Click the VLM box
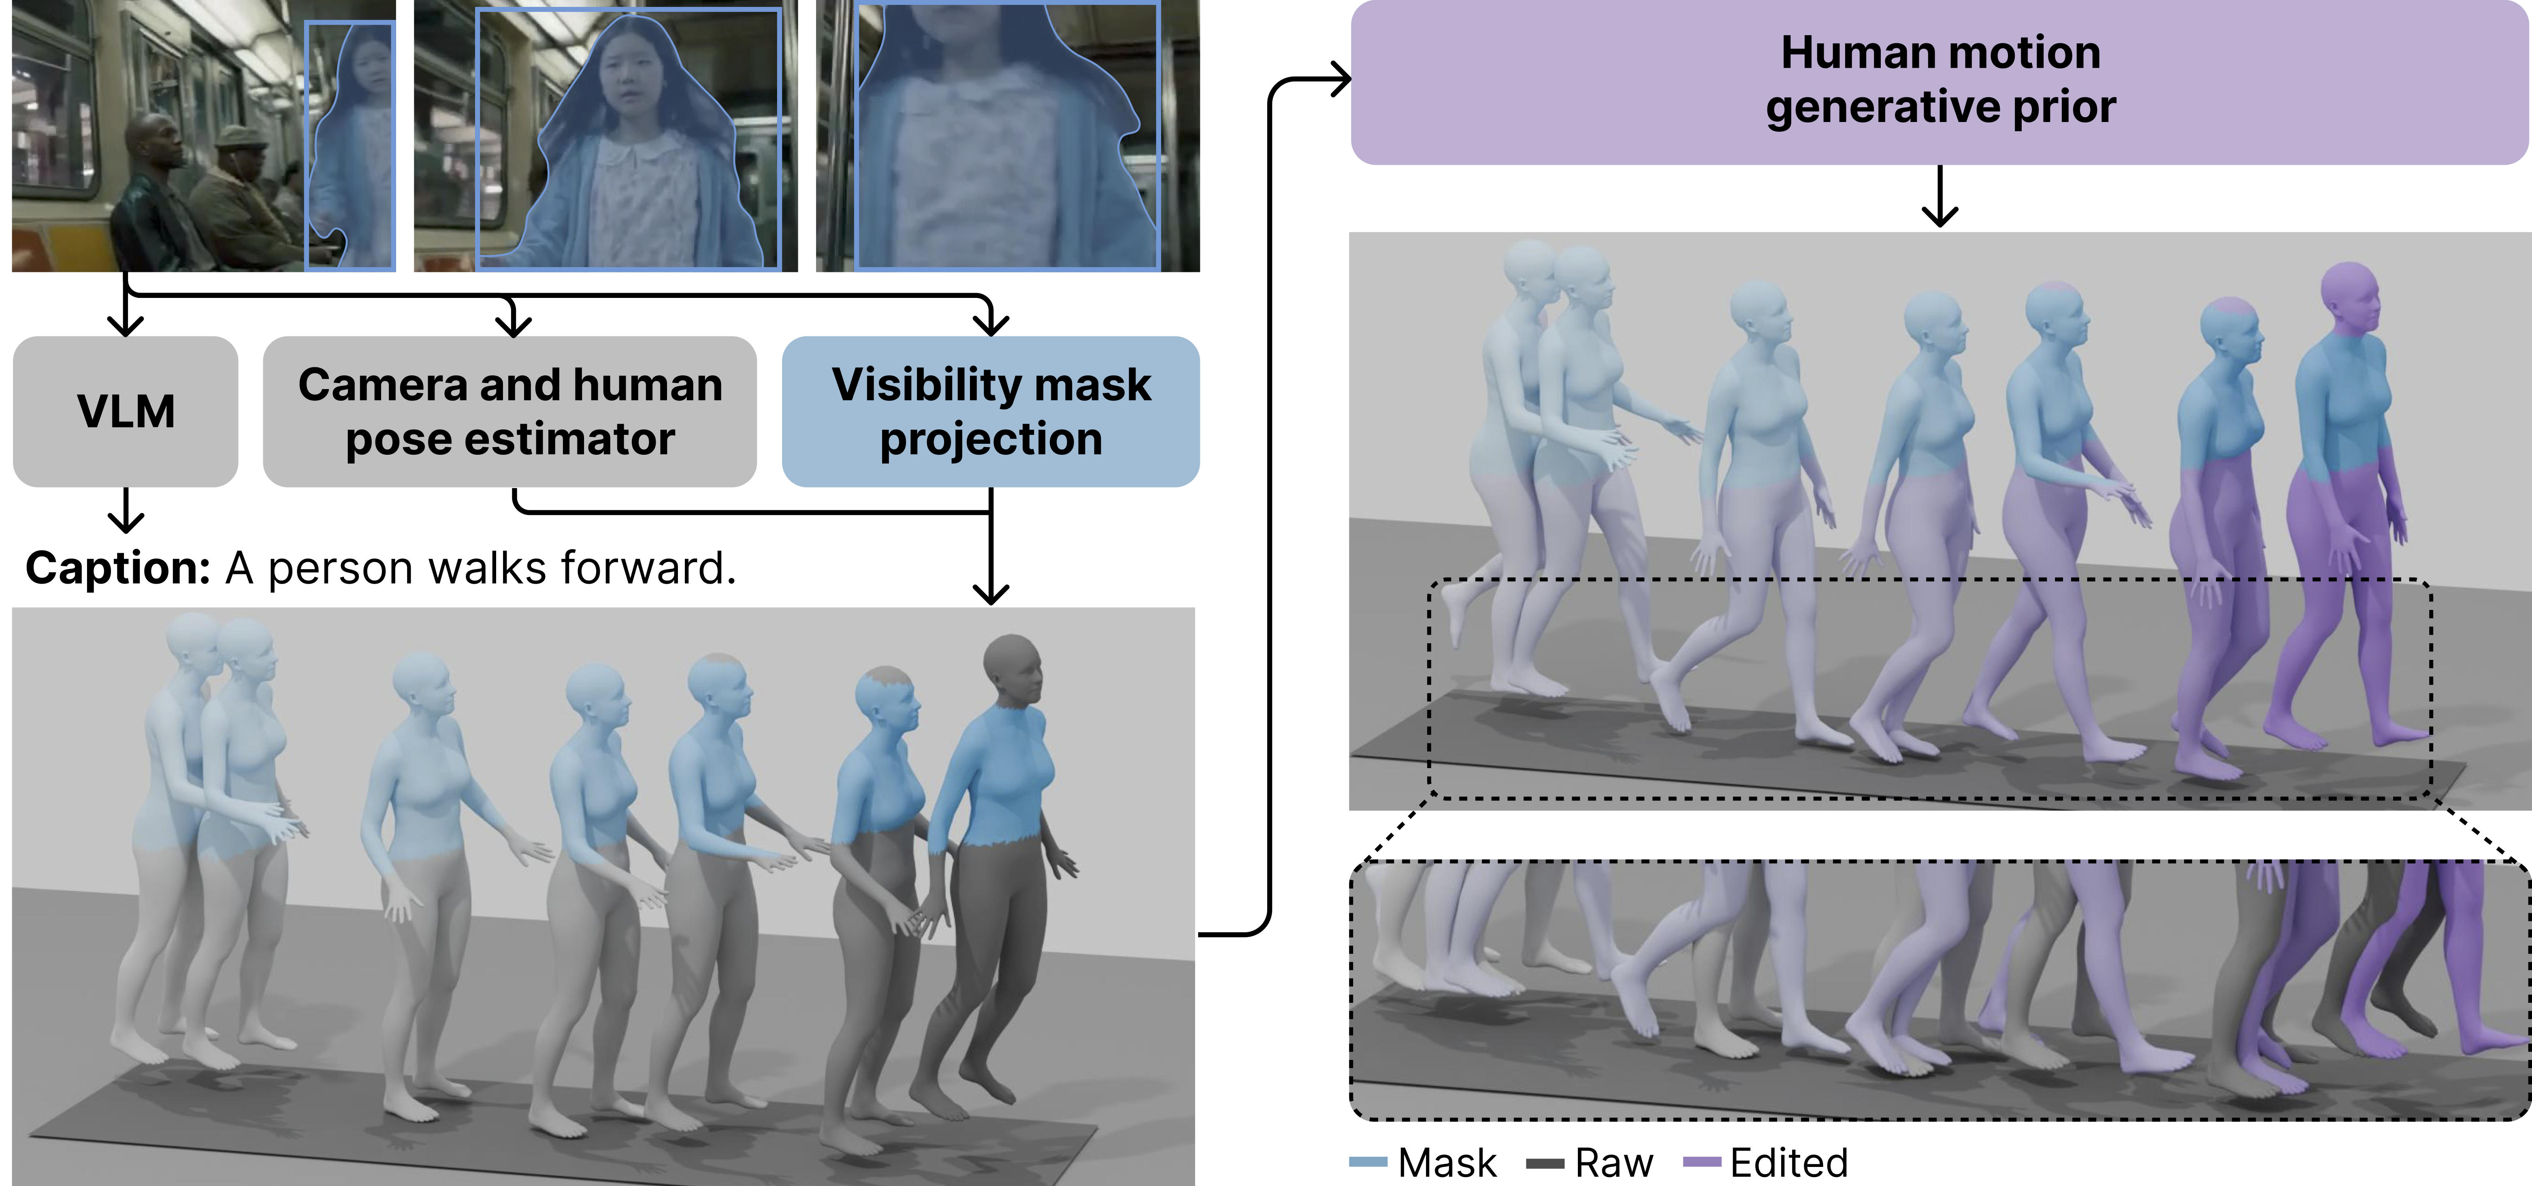[x=126, y=411]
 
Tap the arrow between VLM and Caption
[x=126, y=512]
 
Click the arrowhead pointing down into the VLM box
[x=126, y=325]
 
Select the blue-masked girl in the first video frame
[x=351, y=148]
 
